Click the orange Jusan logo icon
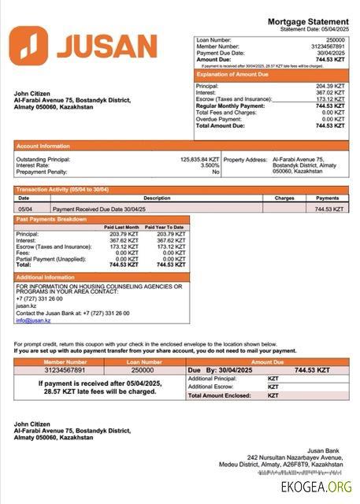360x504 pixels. coord(28,46)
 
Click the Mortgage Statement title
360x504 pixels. coord(308,21)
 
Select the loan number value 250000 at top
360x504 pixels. coord(335,39)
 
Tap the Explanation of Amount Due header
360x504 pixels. coord(237,75)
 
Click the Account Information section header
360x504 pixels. coord(43,146)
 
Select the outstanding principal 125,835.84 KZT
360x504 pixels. coord(199,159)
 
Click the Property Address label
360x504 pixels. coord(244,159)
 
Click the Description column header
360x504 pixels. coord(157,198)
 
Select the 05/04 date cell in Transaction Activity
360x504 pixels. coord(25,209)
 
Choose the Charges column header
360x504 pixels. coord(284,198)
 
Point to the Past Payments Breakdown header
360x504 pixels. coord(52,219)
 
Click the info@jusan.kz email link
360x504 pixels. coord(33,321)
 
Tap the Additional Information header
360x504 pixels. coord(46,278)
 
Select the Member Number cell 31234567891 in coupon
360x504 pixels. coord(64,369)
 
